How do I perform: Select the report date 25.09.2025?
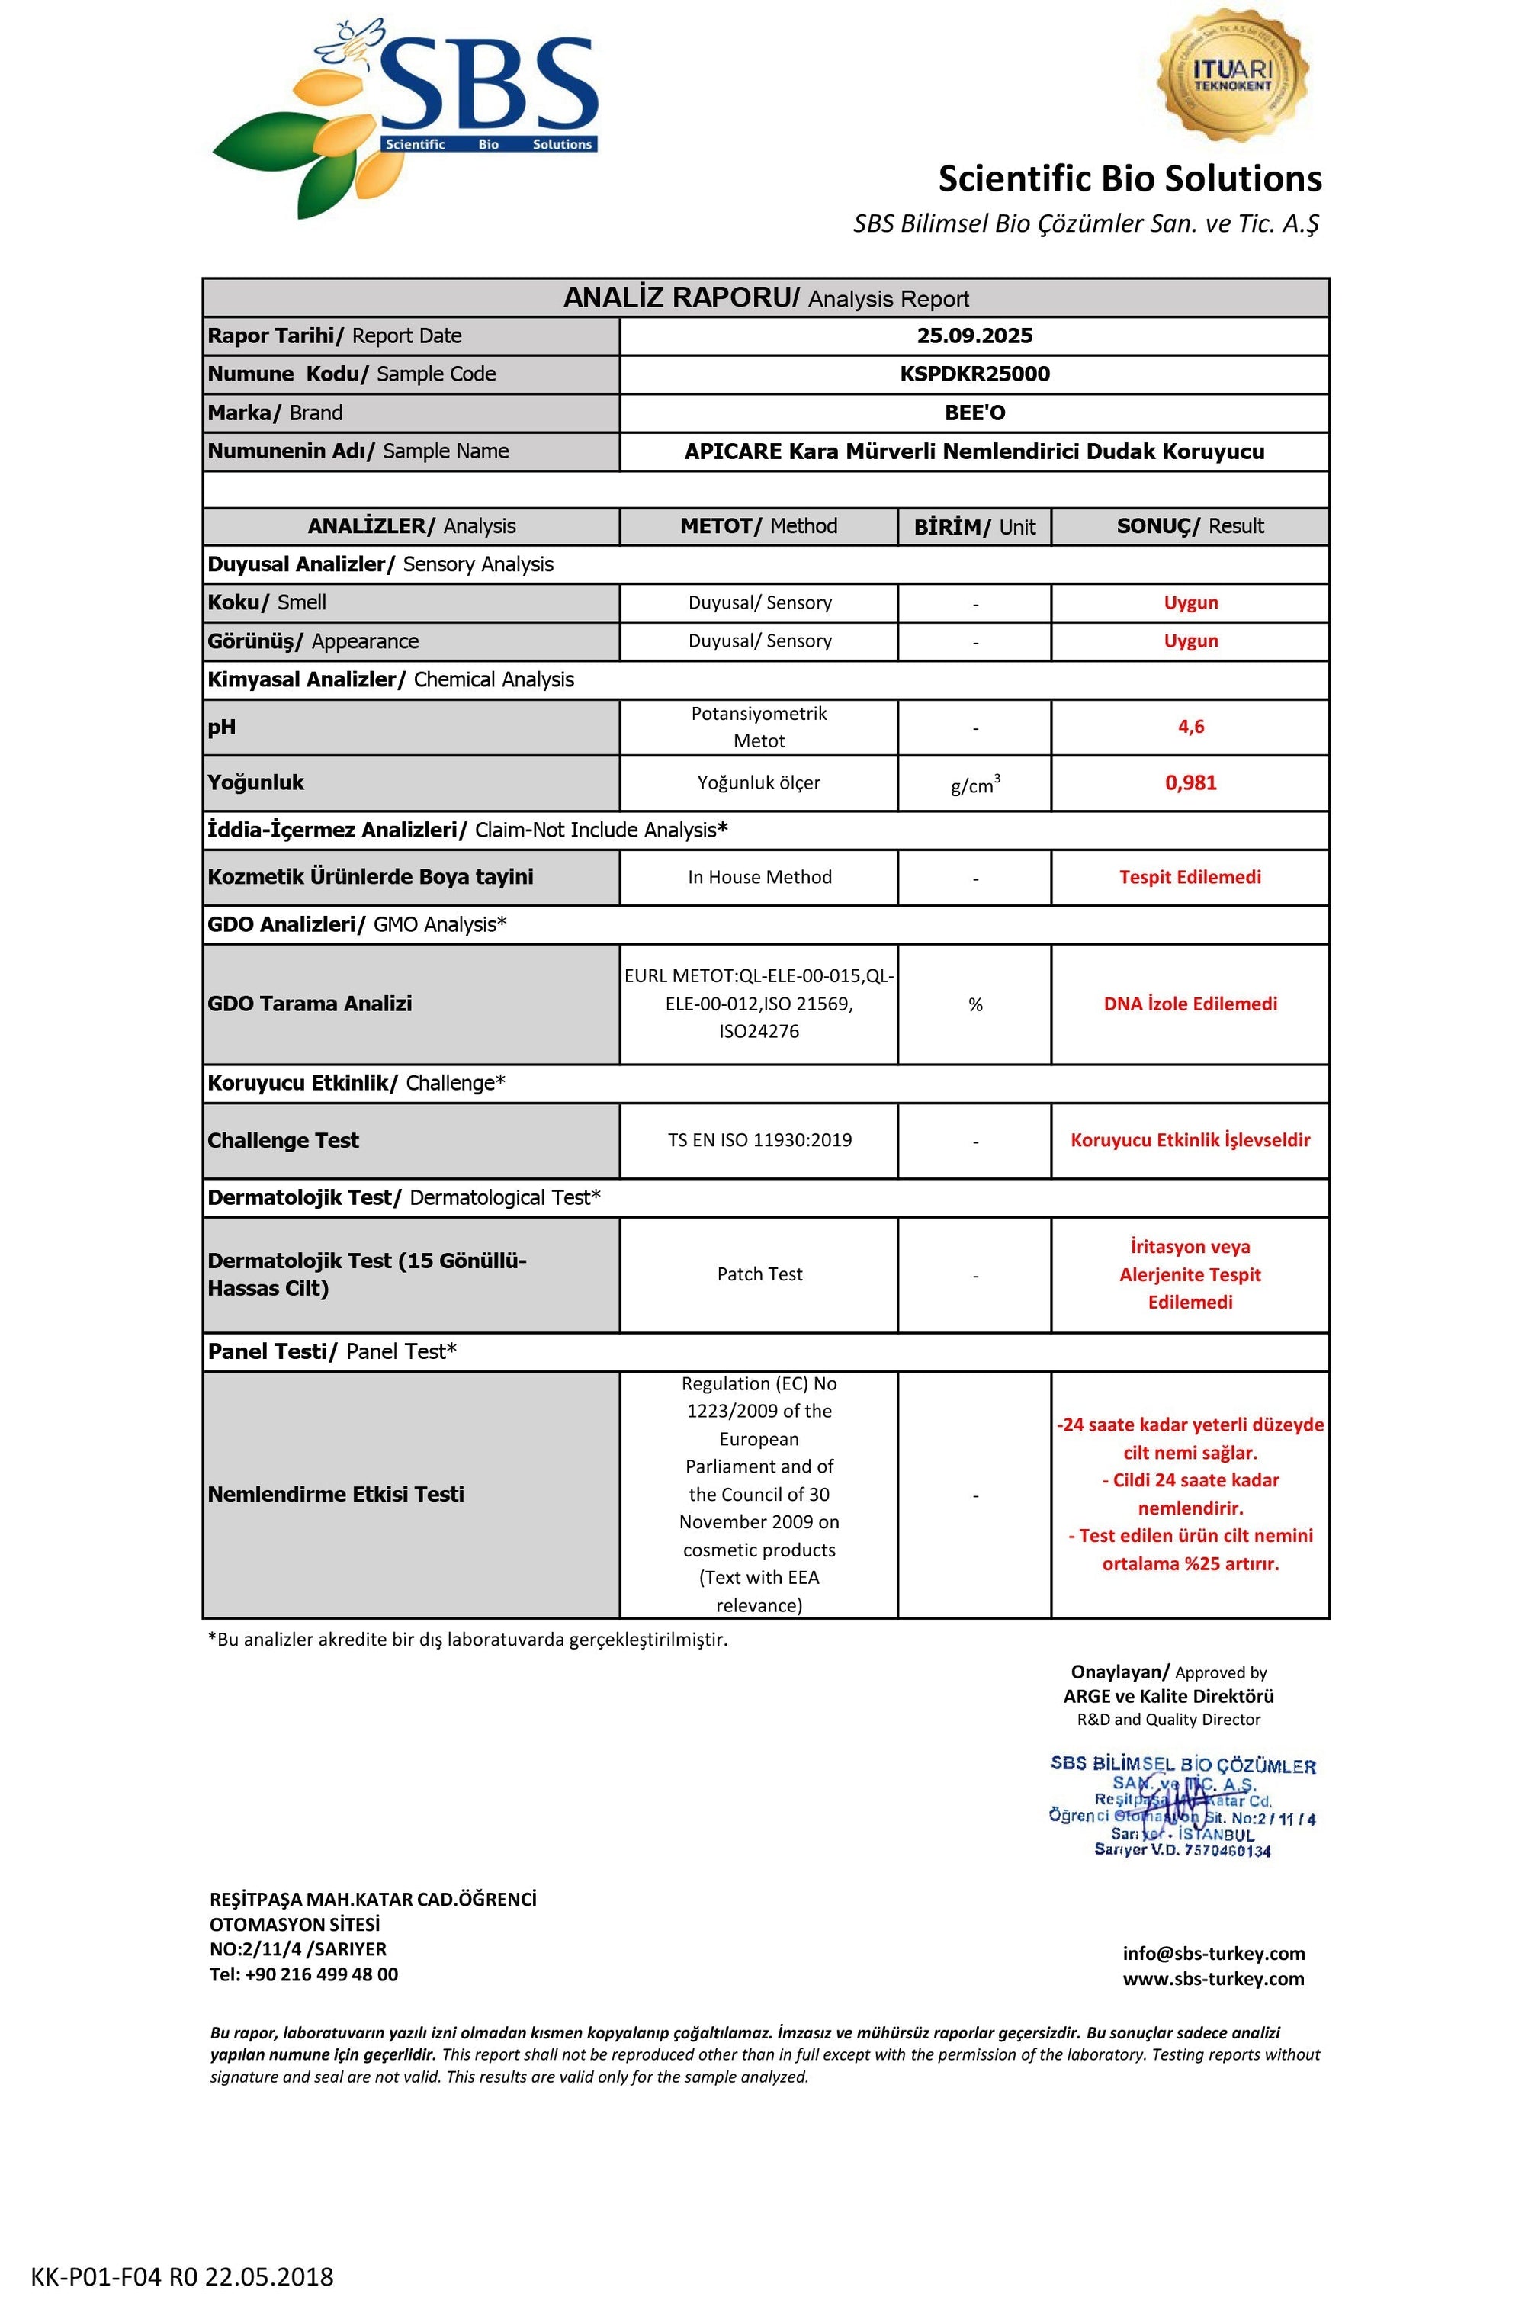pyautogui.click(x=974, y=336)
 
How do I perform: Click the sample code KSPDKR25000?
pyautogui.click(x=974, y=374)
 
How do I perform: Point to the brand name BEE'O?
pyautogui.click(x=974, y=413)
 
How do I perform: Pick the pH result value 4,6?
pyautogui.click(x=1190, y=727)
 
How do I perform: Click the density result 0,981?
pyautogui.click(x=1190, y=783)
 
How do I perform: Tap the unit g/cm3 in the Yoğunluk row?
pyautogui.click(x=974, y=785)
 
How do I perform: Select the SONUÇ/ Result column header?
pyautogui.click(x=1190, y=526)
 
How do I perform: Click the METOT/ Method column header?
pyautogui.click(x=759, y=526)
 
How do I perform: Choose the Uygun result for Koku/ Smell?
pyautogui.click(x=1190, y=603)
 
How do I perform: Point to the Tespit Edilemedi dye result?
pyautogui.click(x=1190, y=877)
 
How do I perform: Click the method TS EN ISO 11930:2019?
pyautogui.click(x=759, y=1140)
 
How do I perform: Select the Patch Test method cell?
pyautogui.click(x=759, y=1274)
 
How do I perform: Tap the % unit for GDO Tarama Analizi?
pyautogui.click(x=974, y=1004)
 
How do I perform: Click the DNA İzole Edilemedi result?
pyautogui.click(x=1190, y=1004)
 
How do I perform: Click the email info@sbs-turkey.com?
pyautogui.click(x=1214, y=1954)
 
